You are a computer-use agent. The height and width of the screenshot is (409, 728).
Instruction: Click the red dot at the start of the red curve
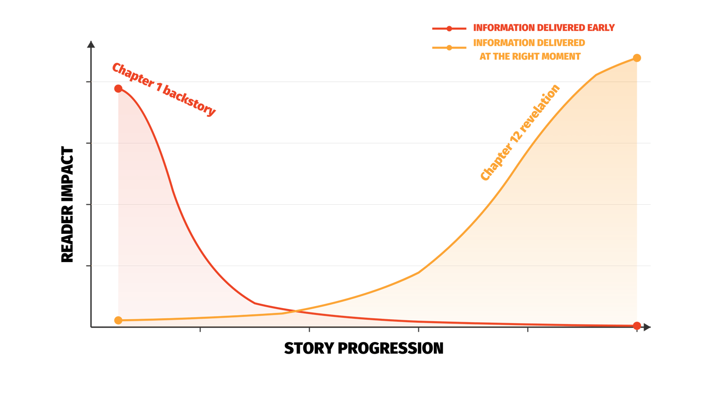[118, 88]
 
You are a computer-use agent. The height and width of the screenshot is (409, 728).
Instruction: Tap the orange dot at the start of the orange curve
[118, 320]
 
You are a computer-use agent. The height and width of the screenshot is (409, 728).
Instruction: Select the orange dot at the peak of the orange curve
[637, 58]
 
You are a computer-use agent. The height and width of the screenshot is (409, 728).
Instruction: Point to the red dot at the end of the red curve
[637, 326]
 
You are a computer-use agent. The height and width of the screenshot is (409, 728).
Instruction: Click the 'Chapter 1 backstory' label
[164, 90]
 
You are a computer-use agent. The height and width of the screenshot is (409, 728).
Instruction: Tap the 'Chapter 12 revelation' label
[520, 132]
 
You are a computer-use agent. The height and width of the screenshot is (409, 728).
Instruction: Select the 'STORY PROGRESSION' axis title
[364, 348]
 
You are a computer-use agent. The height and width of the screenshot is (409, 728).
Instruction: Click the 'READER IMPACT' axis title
[67, 205]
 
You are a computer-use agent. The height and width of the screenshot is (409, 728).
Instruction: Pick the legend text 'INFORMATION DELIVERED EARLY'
[544, 28]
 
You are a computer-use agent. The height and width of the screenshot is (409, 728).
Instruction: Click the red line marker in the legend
[449, 29]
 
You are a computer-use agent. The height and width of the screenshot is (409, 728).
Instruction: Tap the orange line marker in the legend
[449, 48]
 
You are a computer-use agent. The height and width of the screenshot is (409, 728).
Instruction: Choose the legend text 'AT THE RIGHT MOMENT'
[529, 56]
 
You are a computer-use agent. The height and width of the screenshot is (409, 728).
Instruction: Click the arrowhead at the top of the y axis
[91, 44]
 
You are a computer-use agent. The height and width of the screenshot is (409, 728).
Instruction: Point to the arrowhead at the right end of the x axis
[647, 327]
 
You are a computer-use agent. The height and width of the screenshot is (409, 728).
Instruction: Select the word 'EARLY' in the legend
[600, 28]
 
